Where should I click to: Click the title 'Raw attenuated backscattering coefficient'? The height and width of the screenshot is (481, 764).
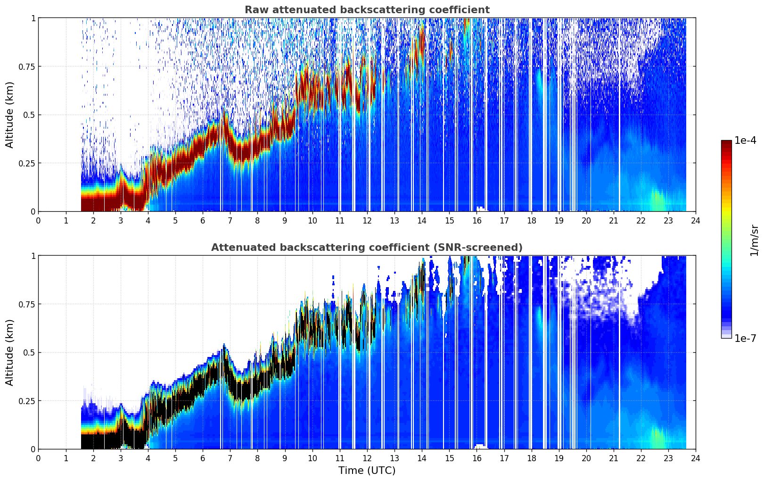click(x=367, y=10)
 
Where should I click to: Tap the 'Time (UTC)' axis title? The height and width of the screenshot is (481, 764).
click(x=367, y=471)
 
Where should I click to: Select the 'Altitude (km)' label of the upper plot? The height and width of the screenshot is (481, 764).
click(x=9, y=115)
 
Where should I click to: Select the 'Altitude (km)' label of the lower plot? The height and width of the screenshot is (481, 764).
click(x=9, y=352)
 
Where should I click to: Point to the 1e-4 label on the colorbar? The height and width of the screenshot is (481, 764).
click(x=745, y=140)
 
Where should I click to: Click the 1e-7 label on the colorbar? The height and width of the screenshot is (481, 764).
click(x=745, y=338)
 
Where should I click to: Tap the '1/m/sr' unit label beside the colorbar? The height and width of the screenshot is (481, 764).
click(x=754, y=240)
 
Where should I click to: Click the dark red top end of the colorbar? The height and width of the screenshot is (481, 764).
click(x=726, y=142)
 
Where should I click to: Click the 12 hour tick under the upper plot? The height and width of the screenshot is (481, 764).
click(x=367, y=221)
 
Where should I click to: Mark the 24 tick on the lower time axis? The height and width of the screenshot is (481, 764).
click(x=696, y=458)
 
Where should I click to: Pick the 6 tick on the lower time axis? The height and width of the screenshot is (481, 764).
click(x=203, y=458)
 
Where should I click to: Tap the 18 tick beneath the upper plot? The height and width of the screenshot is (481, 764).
click(x=531, y=221)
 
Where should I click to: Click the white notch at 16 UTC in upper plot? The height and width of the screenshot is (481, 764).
click(x=480, y=208)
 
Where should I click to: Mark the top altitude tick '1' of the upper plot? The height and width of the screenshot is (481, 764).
click(x=33, y=18)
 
